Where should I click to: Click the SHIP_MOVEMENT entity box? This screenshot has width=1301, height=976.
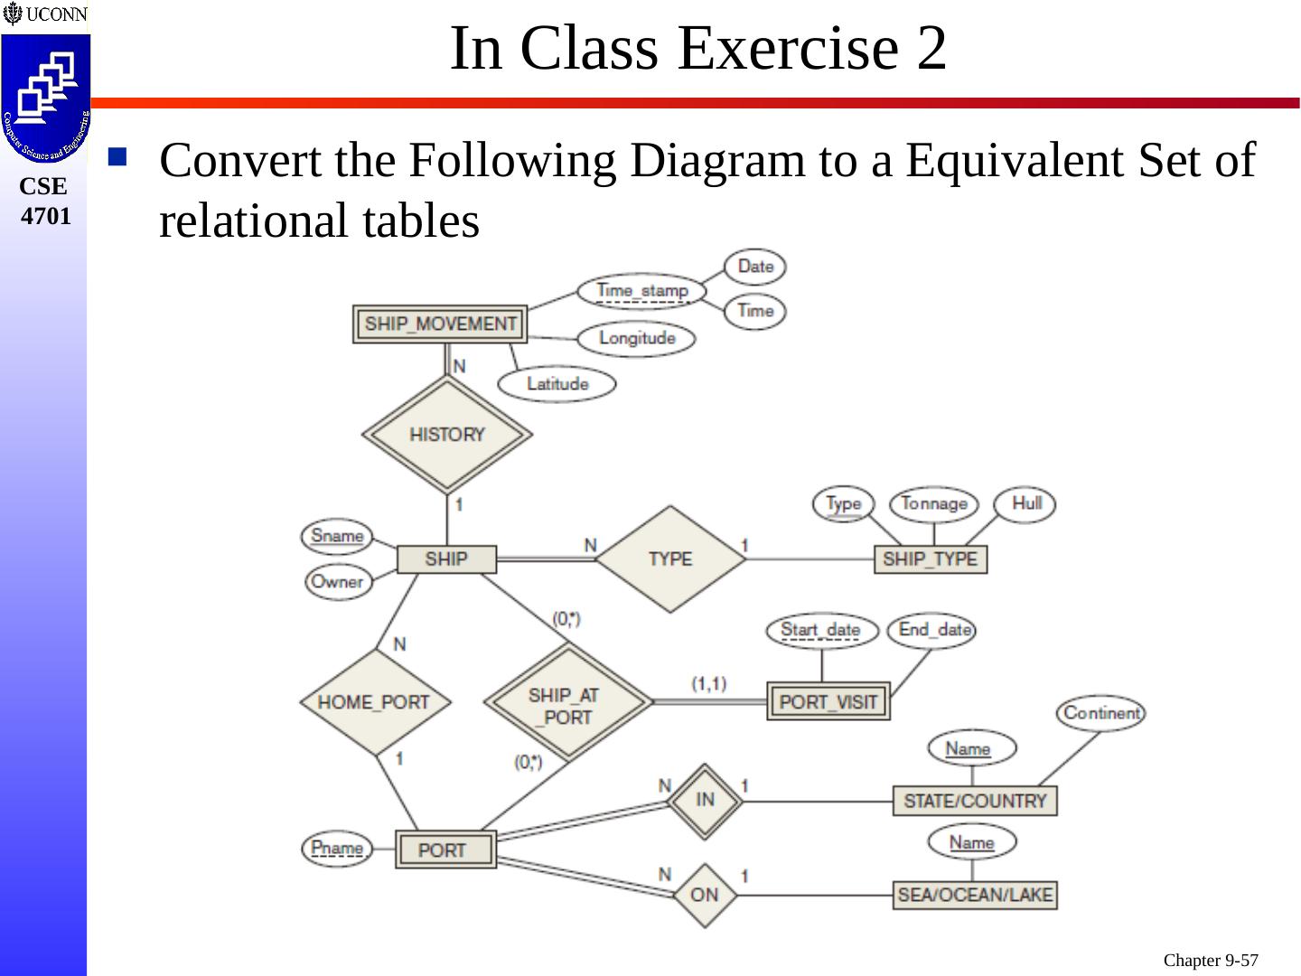[x=440, y=324]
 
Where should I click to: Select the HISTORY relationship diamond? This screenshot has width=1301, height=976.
[x=446, y=435]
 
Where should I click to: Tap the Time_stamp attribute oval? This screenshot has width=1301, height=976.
[x=642, y=291]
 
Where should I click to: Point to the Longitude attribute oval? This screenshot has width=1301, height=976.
[x=637, y=339]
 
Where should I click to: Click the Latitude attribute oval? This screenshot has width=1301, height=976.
[x=557, y=384]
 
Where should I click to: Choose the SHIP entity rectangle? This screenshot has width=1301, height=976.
[x=446, y=559]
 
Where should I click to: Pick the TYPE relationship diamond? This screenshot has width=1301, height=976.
[x=669, y=559]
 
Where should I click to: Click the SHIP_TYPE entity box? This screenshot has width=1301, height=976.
[x=930, y=559]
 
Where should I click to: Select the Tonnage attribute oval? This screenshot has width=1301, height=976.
[x=934, y=504]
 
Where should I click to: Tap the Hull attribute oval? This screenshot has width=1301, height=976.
[x=1025, y=504]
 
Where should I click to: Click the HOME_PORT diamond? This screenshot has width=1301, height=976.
[x=374, y=702]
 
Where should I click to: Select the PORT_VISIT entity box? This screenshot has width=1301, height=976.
[x=828, y=702]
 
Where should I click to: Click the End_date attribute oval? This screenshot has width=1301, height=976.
[x=932, y=630]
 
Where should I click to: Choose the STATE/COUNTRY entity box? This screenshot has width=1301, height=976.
[x=974, y=802]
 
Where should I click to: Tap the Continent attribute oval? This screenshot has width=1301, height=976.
[x=1101, y=713]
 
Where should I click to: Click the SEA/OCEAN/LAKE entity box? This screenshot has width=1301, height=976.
[x=974, y=896]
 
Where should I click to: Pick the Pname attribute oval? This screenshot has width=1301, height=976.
[x=337, y=849]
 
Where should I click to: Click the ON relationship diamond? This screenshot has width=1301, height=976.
[x=705, y=896]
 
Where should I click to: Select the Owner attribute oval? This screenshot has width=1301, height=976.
[x=337, y=582]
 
